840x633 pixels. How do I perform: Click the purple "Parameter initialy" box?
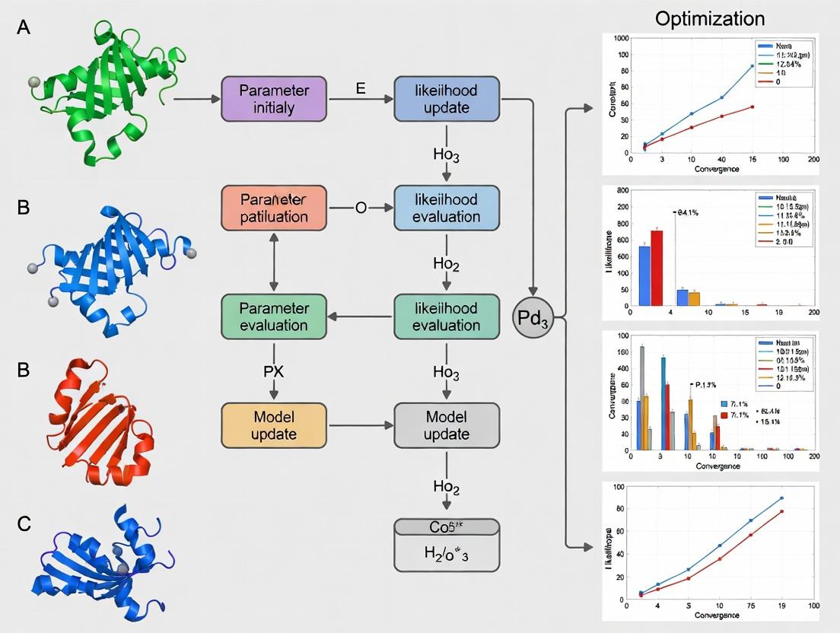point(274,99)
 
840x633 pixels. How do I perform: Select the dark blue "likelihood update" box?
point(447,99)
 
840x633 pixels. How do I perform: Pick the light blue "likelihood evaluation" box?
point(447,208)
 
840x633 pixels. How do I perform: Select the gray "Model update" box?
point(447,425)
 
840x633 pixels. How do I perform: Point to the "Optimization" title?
point(710,19)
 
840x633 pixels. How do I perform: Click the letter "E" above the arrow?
point(361,87)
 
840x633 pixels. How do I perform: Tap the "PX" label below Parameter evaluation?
point(274,371)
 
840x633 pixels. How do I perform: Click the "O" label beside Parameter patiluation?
point(361,208)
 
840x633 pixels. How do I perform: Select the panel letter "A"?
point(24,28)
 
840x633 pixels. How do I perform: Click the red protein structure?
point(99,426)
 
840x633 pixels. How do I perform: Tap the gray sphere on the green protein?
point(33,81)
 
